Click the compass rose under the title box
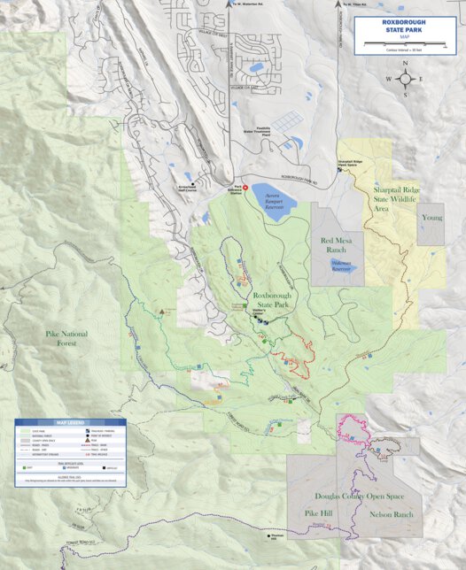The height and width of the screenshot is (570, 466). coord(406,79)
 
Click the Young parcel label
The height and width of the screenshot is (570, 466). coord(431,217)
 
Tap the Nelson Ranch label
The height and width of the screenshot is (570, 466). coord(392,513)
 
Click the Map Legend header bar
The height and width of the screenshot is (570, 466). coord(69,422)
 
